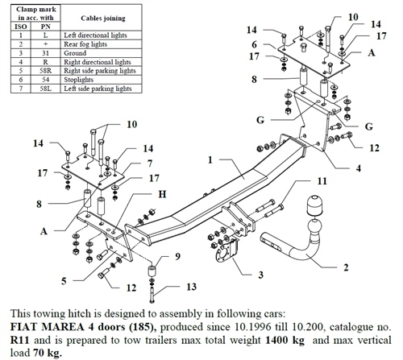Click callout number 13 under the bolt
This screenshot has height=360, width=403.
(190, 287)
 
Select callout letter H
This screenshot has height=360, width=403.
(161, 194)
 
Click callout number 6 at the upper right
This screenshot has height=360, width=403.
(254, 44)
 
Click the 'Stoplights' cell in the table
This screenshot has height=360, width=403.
(92, 103)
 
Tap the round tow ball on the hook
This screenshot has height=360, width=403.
(313, 207)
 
